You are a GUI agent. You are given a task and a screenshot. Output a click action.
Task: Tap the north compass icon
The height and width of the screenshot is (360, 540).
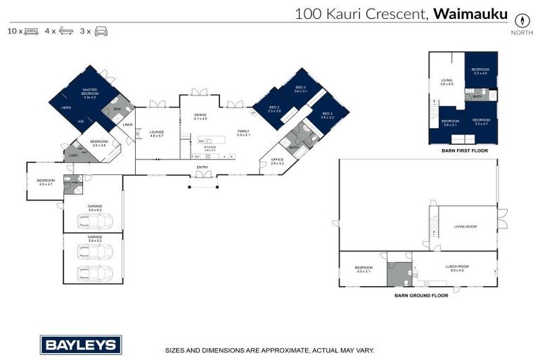point(522,20)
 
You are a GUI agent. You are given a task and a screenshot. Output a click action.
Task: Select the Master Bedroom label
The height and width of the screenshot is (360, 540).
point(89,92)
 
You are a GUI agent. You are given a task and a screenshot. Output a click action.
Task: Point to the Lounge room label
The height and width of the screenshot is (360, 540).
point(156,132)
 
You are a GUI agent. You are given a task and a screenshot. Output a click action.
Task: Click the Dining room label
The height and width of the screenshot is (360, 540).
point(201,116)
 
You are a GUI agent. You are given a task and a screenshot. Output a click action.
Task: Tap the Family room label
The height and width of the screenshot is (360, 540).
point(243,132)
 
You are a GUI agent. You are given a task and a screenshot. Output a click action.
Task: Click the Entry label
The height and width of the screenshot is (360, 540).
point(202,167)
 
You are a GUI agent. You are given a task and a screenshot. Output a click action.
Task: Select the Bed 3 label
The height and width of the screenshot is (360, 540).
point(300,89)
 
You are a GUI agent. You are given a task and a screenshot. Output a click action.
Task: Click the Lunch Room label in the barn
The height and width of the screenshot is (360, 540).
point(456,267)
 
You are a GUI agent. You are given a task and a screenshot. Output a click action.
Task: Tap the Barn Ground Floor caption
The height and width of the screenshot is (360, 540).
point(421,295)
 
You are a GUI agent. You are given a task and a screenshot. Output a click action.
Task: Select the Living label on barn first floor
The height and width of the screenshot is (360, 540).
point(446,82)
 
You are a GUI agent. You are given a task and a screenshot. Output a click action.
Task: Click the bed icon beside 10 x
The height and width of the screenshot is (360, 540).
point(31,32)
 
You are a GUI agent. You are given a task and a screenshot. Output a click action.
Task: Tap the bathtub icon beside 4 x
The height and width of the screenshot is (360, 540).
point(65,32)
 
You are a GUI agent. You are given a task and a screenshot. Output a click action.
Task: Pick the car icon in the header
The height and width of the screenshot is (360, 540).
point(101,32)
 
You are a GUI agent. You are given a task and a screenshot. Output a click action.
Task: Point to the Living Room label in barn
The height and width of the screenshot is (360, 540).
point(465,226)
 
